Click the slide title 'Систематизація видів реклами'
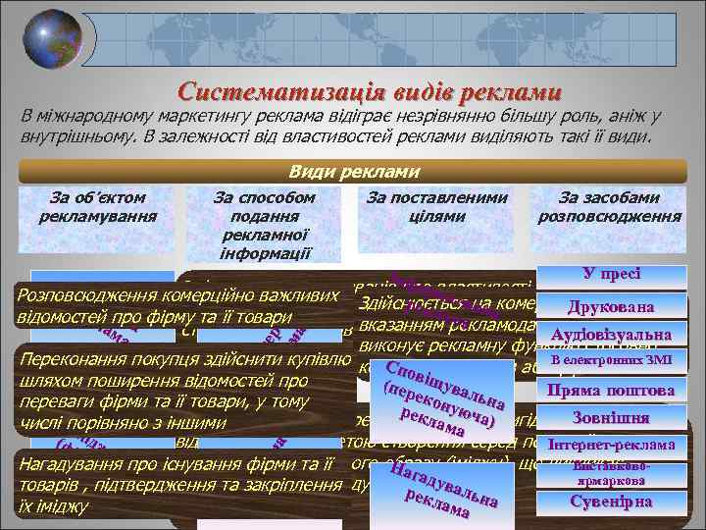click(370, 91)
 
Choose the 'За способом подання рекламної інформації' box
click(265, 224)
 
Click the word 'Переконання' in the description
click(70, 357)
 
